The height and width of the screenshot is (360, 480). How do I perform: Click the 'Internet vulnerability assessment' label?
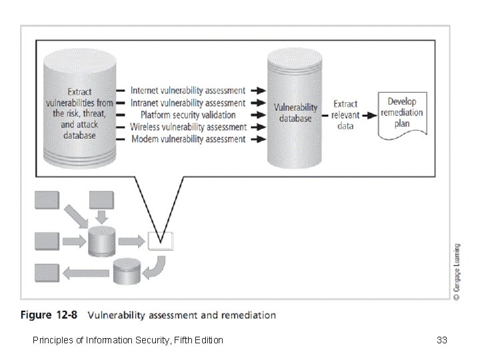(187, 90)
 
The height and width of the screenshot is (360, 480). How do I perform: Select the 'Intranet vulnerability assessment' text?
(187, 103)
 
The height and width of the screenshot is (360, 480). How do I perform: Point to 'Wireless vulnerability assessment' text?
(187, 127)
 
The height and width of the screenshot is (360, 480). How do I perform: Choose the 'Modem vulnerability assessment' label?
(187, 139)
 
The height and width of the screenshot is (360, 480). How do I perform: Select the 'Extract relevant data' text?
(345, 115)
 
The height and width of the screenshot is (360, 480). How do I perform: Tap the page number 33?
(441, 341)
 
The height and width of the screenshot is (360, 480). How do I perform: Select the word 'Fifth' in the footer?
(179, 341)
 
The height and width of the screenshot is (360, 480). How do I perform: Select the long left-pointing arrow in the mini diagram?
(85, 272)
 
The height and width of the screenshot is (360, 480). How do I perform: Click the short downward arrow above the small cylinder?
(102, 215)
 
